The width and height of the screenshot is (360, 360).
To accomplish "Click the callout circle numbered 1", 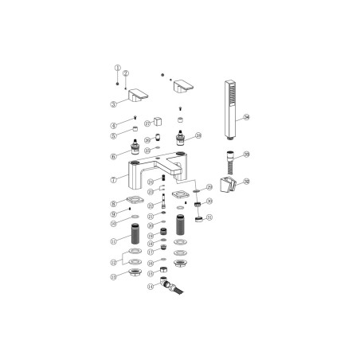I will click(117, 68).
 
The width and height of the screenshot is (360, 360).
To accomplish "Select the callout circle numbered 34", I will click(248, 118).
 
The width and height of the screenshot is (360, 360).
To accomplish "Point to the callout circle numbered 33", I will click(247, 155).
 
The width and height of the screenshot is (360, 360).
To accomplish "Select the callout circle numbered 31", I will click(209, 217).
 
